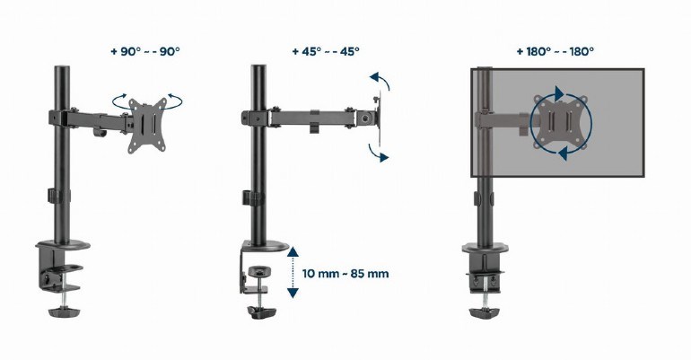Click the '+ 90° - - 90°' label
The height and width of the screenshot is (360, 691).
145,51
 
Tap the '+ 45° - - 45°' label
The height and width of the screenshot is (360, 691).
325,51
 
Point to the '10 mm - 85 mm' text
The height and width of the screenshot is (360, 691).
345,273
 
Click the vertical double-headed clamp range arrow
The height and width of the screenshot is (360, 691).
292,273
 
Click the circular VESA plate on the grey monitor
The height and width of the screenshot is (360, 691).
561,125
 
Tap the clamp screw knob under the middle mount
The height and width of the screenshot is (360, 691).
262,312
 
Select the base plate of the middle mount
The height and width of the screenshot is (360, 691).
266,247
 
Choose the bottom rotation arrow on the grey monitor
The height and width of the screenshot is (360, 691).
564,155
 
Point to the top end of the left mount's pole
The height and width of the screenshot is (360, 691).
63,69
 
